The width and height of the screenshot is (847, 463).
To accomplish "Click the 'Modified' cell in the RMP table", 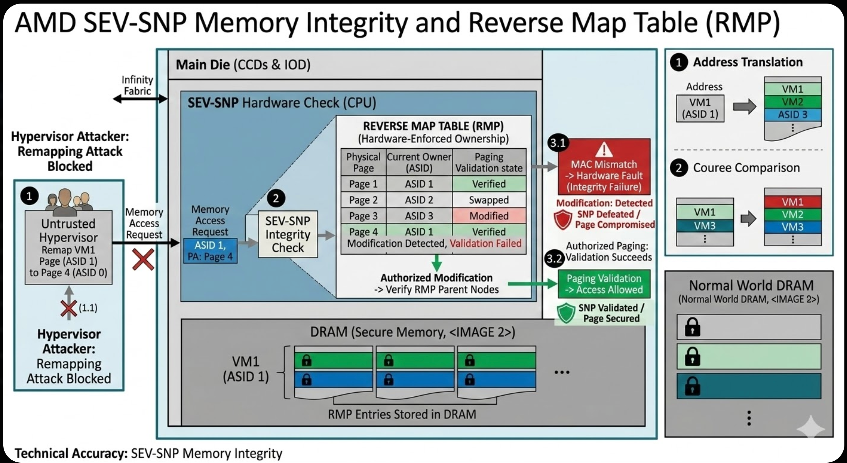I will pyautogui.click(x=489, y=216).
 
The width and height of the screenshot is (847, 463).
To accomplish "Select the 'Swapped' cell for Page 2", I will pyautogui.click(x=489, y=200).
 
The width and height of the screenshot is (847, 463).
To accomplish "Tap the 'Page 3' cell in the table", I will pyautogui.click(x=363, y=216).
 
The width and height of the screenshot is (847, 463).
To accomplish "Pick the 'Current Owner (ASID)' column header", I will pyautogui.click(x=419, y=162).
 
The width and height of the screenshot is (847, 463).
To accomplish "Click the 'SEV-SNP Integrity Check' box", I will pyautogui.click(x=288, y=234).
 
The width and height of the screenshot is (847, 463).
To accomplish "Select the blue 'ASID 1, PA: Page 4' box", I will pyautogui.click(x=210, y=251).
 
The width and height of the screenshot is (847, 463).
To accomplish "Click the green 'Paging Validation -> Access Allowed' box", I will pyautogui.click(x=604, y=284).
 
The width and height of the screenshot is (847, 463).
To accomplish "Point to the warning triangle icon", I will pyautogui.click(x=604, y=150).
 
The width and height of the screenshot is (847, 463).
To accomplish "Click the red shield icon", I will pyautogui.click(x=563, y=219).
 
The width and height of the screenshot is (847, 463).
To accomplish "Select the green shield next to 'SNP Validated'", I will pyautogui.click(x=566, y=313).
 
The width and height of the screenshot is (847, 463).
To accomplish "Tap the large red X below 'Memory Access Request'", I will pyautogui.click(x=143, y=259).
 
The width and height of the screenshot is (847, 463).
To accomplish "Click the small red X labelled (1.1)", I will pyautogui.click(x=69, y=309).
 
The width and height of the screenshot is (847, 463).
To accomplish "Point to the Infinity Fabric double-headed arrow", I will pyautogui.click(x=140, y=98).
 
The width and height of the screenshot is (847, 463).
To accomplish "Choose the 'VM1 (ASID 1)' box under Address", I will pyautogui.click(x=700, y=108).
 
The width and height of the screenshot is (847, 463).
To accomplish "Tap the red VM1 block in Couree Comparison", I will pyautogui.click(x=792, y=201).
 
